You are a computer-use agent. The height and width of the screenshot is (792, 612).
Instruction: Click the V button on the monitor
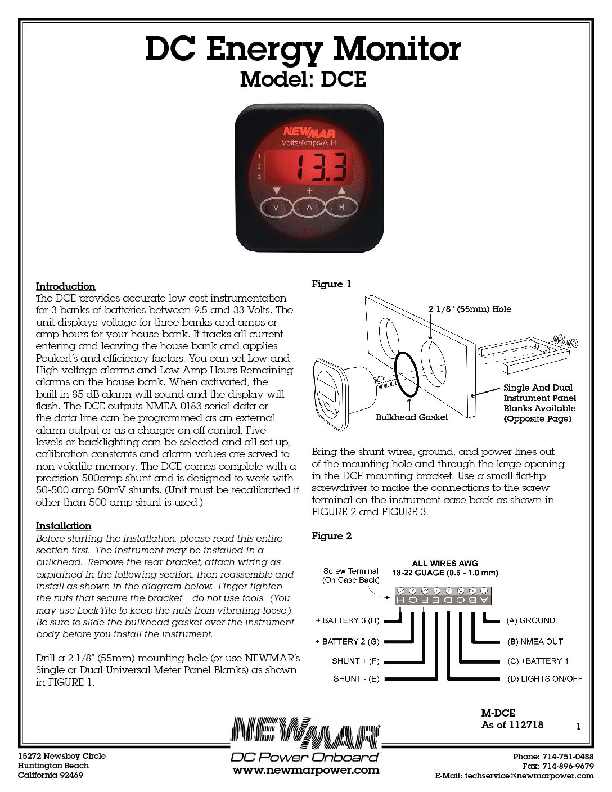click(276, 208)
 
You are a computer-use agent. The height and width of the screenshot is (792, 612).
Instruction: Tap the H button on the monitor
click(341, 207)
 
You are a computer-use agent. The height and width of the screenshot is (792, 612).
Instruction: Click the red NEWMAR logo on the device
click(309, 132)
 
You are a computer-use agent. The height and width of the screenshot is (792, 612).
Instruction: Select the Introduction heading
click(65, 286)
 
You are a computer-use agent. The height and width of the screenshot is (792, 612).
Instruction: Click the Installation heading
click(63, 526)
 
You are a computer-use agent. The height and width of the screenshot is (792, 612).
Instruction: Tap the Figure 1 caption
click(331, 284)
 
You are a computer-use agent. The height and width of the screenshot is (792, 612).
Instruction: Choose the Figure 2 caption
click(331, 536)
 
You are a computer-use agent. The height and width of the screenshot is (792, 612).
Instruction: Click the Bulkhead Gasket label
click(412, 417)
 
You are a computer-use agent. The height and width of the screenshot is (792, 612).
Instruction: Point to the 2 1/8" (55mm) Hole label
click(470, 309)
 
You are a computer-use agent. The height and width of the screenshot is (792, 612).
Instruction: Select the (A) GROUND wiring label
click(530, 620)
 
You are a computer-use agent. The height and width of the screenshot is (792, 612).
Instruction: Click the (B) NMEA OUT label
click(534, 641)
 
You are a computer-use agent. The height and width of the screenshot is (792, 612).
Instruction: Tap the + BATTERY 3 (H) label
click(348, 620)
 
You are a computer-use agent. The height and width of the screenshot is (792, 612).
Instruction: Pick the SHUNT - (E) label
click(356, 679)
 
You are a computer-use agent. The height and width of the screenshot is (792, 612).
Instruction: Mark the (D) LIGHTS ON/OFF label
click(544, 679)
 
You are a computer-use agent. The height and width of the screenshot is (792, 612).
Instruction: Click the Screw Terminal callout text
click(351, 575)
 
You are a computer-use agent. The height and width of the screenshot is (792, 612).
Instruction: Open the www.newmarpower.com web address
click(306, 771)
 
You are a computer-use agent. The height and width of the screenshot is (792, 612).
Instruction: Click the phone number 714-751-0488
click(568, 757)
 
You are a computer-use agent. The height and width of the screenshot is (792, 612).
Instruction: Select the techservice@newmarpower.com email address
click(529, 776)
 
